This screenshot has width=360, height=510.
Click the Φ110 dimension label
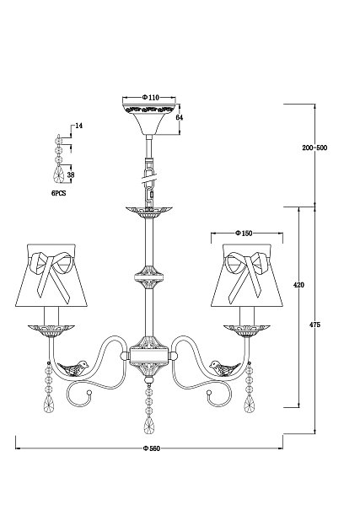[x=150, y=98]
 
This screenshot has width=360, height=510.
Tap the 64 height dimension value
[x=180, y=117]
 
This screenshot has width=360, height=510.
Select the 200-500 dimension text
[x=314, y=148]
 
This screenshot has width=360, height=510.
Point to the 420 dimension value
[x=298, y=285]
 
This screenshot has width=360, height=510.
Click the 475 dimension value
[x=314, y=325]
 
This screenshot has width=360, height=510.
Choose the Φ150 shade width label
[x=244, y=234]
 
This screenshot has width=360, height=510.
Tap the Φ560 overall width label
[x=152, y=448]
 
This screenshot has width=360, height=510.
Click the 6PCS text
[x=58, y=193]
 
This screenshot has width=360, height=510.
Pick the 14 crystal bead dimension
[x=78, y=126]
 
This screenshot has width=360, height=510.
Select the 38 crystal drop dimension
[x=71, y=174]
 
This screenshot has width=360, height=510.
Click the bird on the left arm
[x=73, y=368]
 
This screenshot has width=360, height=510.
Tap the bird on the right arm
[x=224, y=368]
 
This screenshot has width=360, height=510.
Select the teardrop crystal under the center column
[x=149, y=426]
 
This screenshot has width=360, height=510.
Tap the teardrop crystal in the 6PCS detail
[x=59, y=174]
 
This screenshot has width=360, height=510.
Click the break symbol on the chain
[x=149, y=179]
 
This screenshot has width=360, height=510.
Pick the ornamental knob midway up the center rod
[x=149, y=277]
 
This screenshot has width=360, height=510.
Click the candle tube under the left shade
[x=52, y=315]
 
